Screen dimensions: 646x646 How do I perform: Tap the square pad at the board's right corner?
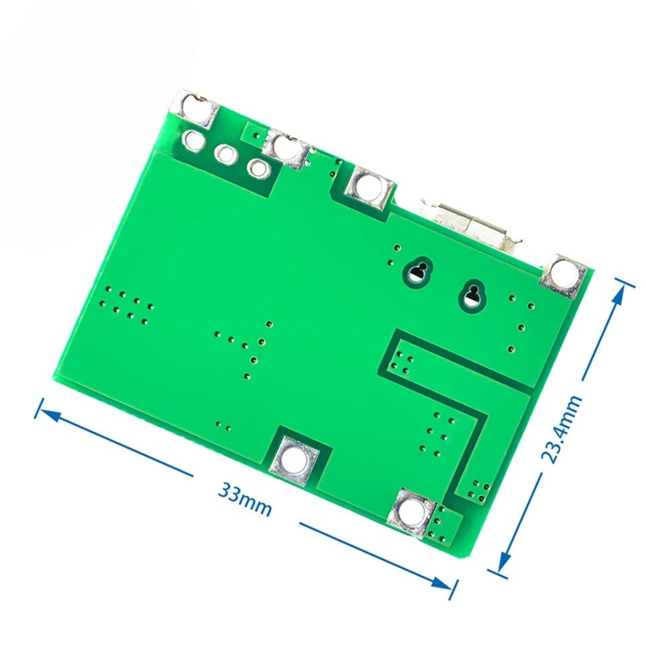pos(563,274)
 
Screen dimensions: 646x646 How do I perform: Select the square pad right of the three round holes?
pos(287,147)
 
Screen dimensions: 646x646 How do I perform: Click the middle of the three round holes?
pos(225,154)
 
